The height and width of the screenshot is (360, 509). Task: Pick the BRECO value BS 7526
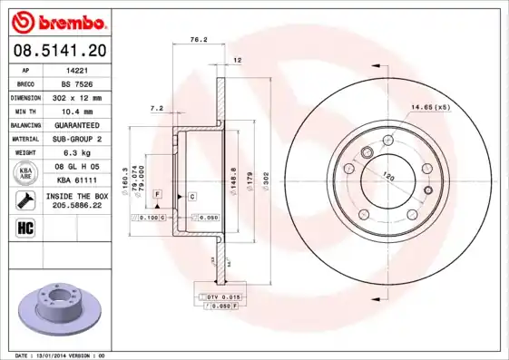(x=76, y=83)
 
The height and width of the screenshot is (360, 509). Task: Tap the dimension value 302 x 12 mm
(x=76, y=96)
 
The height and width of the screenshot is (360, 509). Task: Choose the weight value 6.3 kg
(x=76, y=152)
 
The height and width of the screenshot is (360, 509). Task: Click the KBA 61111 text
(x=76, y=180)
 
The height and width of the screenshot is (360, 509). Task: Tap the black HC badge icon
(x=25, y=227)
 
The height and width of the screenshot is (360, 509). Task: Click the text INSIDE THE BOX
(x=76, y=195)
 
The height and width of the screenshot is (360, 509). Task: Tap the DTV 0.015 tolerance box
(x=220, y=297)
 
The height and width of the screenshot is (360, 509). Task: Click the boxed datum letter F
(x=157, y=195)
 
